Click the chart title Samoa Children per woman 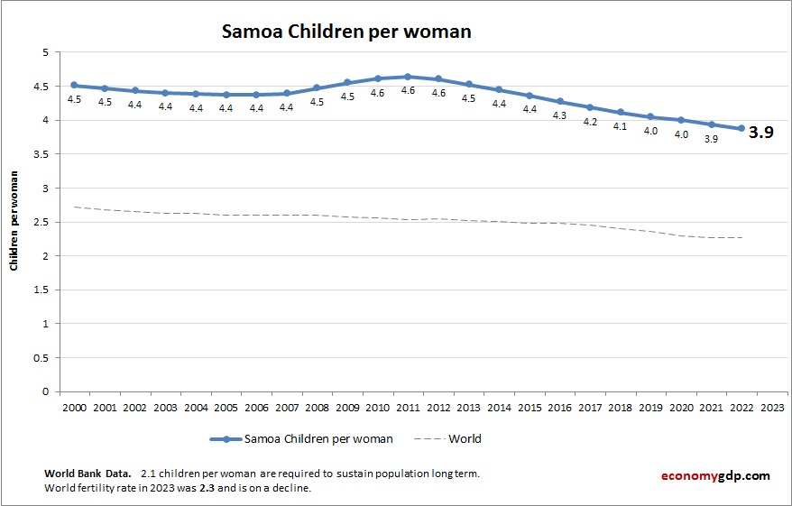[x=347, y=32]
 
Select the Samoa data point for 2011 [x=408, y=77]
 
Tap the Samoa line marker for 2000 [x=74, y=86]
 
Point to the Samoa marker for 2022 [x=741, y=128]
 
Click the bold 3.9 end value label [x=762, y=132]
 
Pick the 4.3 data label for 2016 [x=559, y=115]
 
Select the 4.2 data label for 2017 [x=590, y=122]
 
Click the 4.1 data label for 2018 [x=620, y=127]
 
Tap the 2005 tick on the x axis [x=226, y=408]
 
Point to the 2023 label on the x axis [x=772, y=408]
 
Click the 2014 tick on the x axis [x=499, y=408]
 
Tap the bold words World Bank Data [x=87, y=474]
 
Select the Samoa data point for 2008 [x=317, y=88]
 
